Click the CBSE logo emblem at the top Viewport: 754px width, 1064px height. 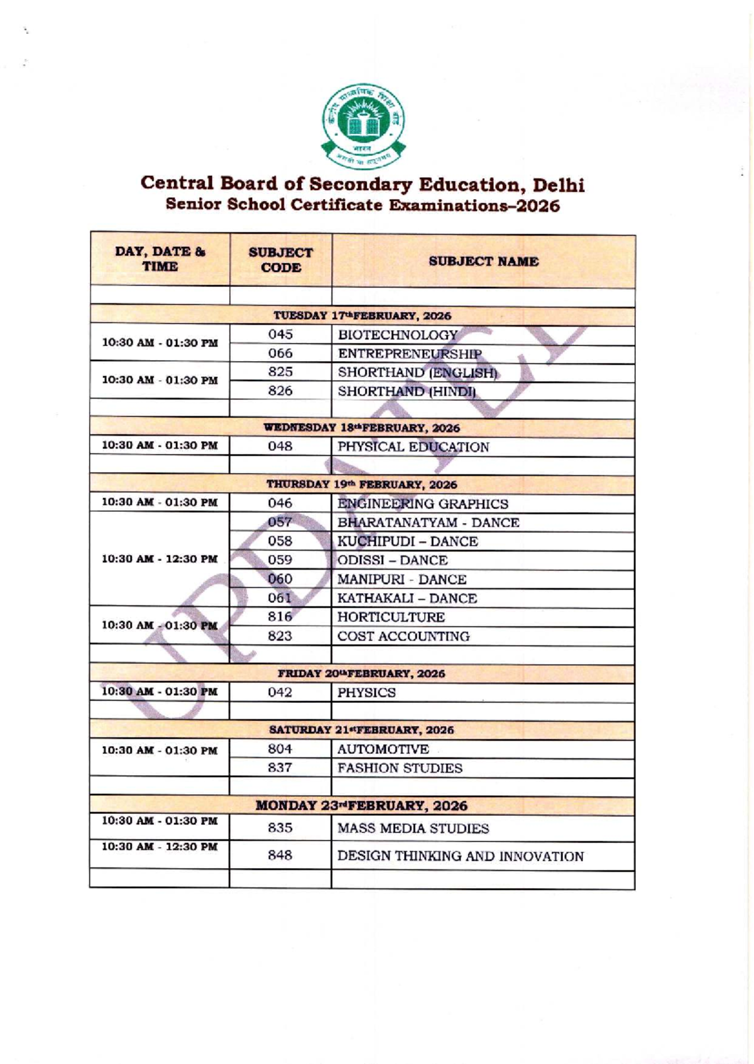[x=364, y=126]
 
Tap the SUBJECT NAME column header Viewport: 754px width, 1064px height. [x=483, y=261]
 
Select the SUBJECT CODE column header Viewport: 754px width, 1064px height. [x=280, y=260]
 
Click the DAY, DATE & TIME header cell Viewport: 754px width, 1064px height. [x=160, y=259]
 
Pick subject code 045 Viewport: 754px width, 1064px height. [x=280, y=335]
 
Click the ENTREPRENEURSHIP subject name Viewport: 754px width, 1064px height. [x=410, y=354]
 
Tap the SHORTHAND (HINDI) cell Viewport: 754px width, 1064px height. [x=407, y=391]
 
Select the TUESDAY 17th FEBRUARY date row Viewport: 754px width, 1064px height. [x=363, y=316]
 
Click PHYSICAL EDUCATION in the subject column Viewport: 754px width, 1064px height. [x=413, y=447]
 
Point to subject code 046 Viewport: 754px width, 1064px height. [x=280, y=503]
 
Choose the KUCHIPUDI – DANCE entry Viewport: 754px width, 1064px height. [x=407, y=541]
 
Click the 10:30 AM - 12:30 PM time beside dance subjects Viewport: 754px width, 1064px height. [x=160, y=559]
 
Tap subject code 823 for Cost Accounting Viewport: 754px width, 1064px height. [x=280, y=636]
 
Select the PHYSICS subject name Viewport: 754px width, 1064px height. [x=366, y=693]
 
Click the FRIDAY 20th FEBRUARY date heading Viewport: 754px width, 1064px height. [x=362, y=674]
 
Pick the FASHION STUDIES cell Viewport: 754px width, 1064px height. [x=400, y=768]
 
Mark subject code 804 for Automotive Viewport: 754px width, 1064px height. [x=280, y=749]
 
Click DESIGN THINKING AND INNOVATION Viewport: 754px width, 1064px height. [x=461, y=856]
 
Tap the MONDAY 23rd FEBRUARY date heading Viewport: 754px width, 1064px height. [x=362, y=806]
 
